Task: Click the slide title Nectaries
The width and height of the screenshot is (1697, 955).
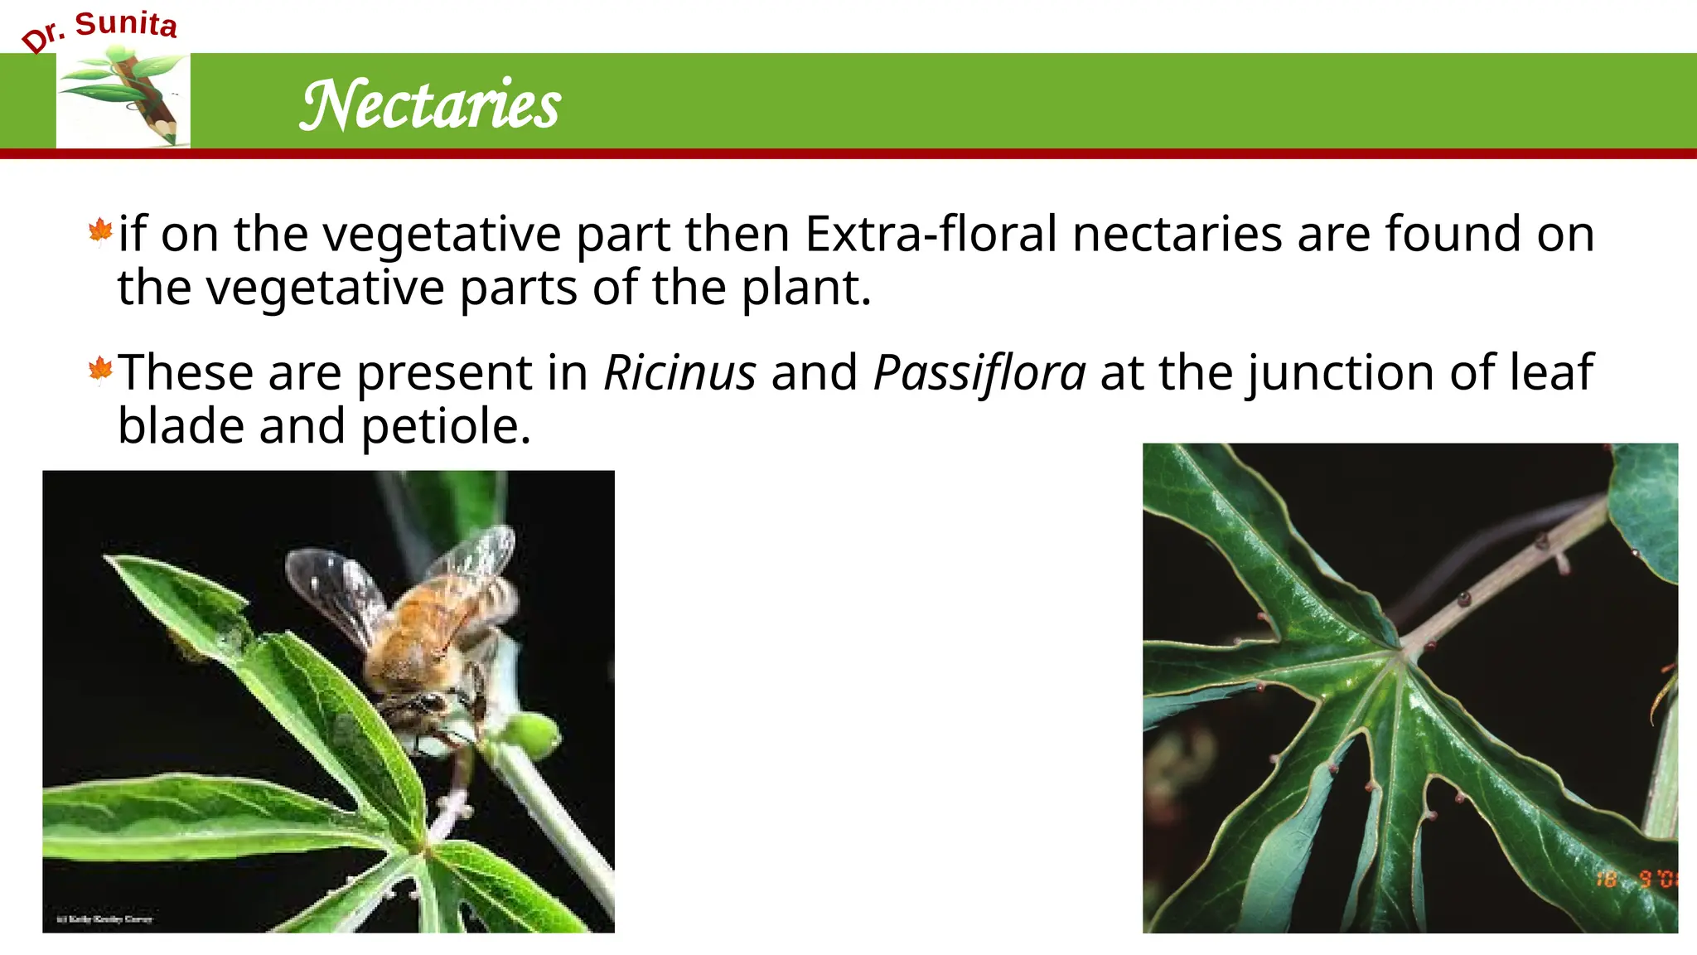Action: click(x=430, y=105)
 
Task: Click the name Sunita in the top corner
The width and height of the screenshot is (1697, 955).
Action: click(x=126, y=24)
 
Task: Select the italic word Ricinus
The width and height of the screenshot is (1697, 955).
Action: click(x=679, y=372)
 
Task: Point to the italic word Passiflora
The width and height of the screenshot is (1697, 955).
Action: click(x=979, y=372)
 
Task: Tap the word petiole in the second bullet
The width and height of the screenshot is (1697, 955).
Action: click(x=445, y=426)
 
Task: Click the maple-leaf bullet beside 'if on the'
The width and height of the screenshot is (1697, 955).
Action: click(x=100, y=231)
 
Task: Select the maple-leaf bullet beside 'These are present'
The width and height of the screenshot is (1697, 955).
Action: click(x=100, y=370)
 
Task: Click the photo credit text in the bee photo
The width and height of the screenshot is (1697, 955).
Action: click(x=104, y=919)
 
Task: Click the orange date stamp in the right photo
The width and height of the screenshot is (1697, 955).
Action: click(x=1636, y=879)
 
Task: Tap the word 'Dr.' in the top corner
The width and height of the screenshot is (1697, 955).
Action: click(x=44, y=36)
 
